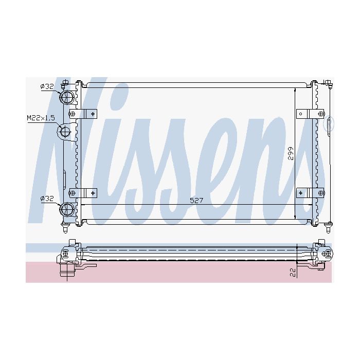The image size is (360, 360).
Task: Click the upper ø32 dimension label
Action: pyautogui.click(x=47, y=86)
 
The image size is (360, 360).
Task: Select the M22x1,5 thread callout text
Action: pyautogui.click(x=41, y=118)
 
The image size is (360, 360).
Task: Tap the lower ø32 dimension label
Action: pyautogui.click(x=47, y=199)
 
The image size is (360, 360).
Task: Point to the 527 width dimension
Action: pyautogui.click(x=196, y=201)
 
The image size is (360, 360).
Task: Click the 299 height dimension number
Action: pyautogui.click(x=291, y=153)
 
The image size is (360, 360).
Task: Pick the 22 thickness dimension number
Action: pyautogui.click(x=293, y=273)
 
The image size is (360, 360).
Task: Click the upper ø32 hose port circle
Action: pyautogui.click(x=67, y=97)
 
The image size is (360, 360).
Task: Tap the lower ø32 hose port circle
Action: pyautogui.click(x=67, y=209)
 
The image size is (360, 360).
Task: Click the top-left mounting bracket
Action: pyautogui.click(x=83, y=114)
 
